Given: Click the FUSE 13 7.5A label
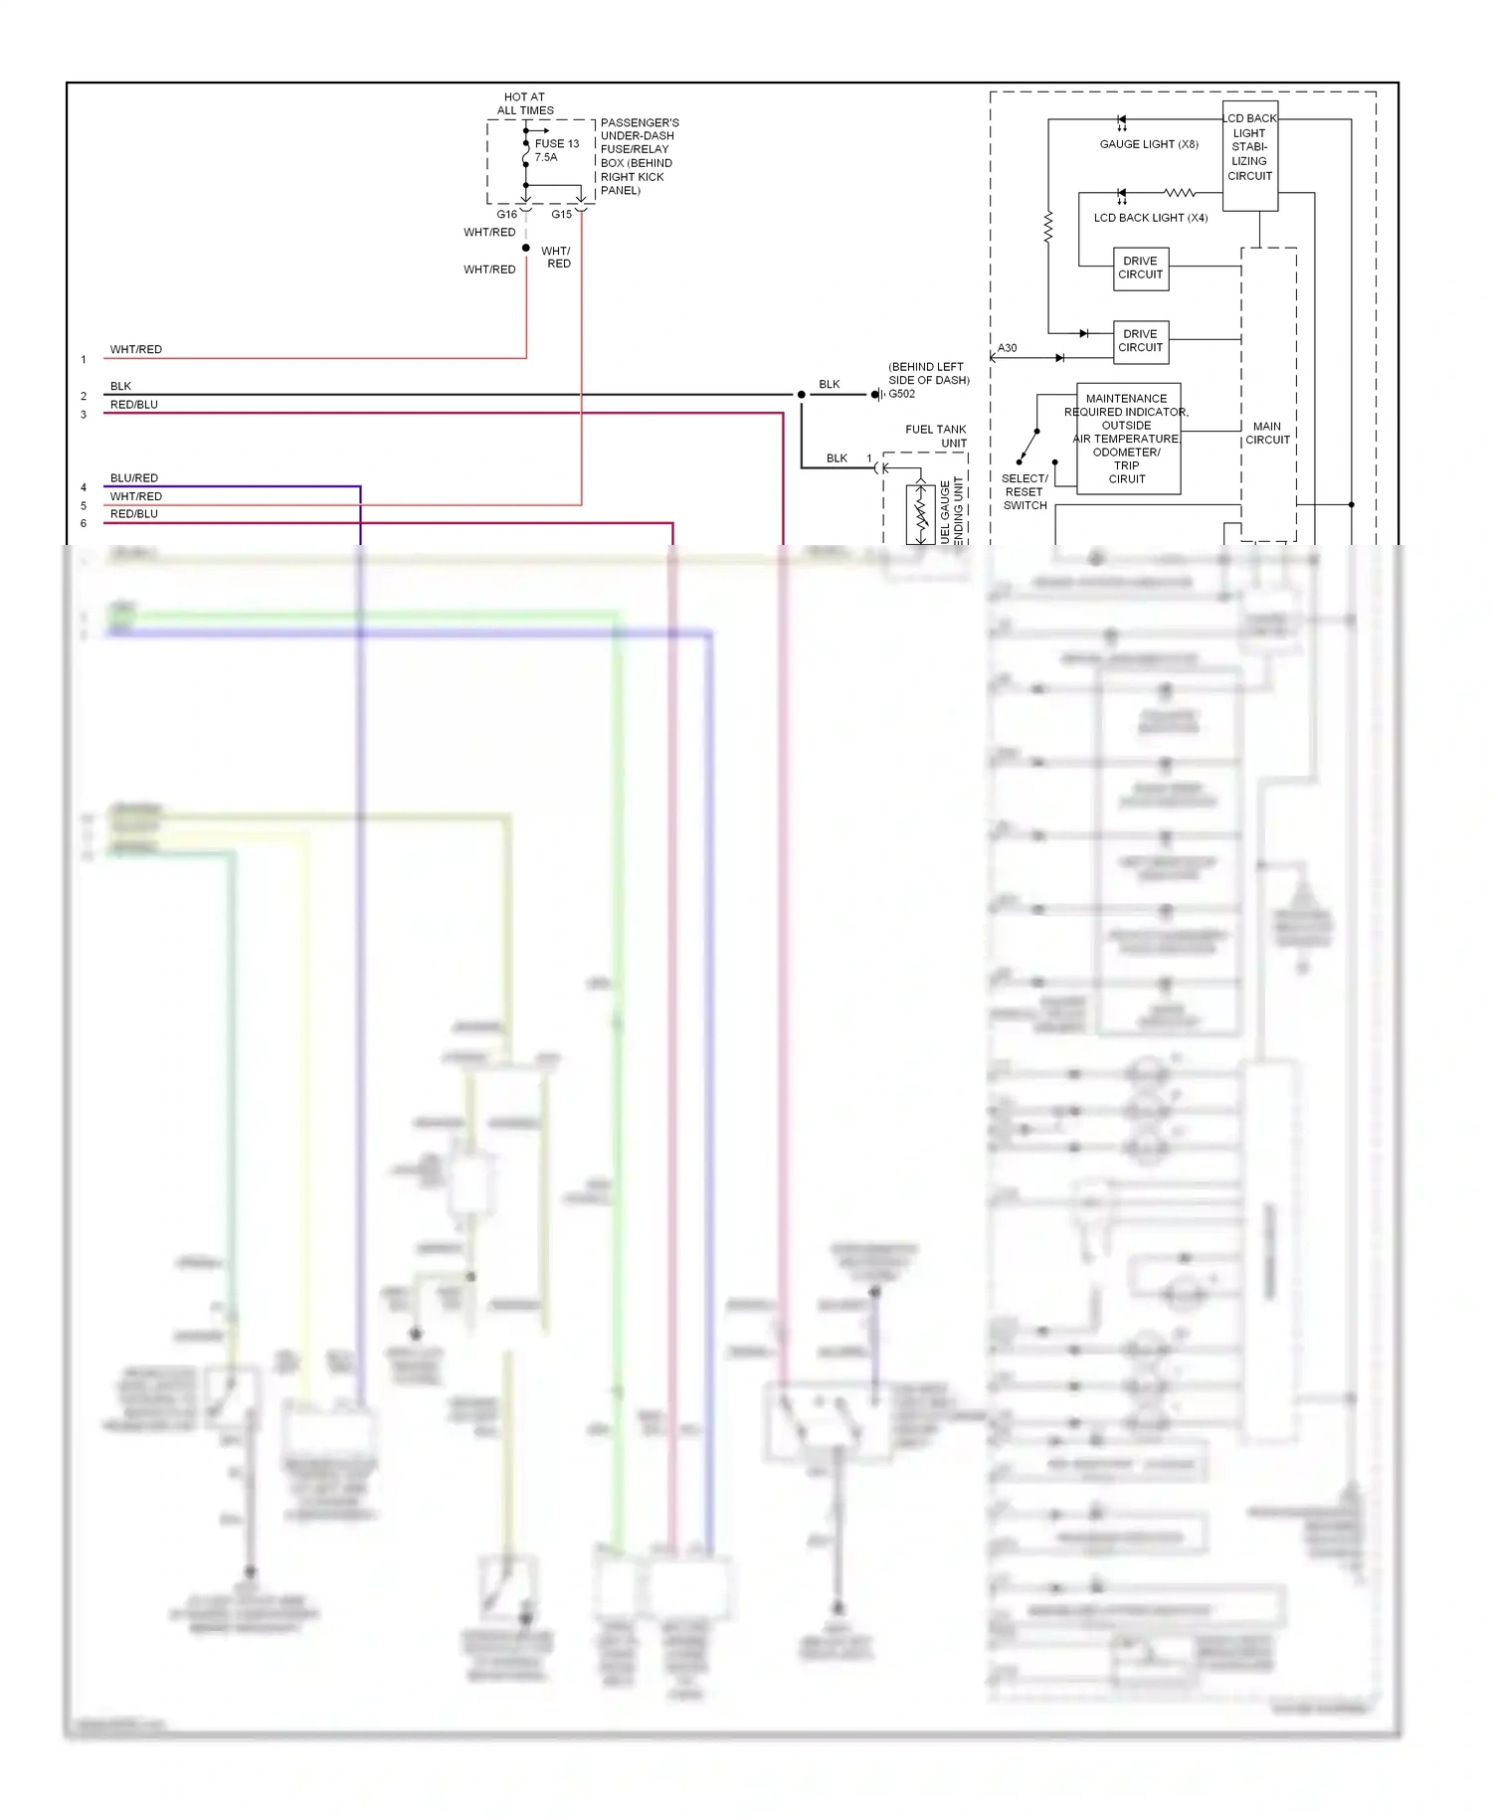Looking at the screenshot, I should coord(555,150).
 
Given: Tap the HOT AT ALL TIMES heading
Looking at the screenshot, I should coord(524,103).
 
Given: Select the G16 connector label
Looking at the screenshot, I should coord(506,214).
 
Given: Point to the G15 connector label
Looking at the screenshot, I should coord(561,214).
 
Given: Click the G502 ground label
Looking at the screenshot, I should coord(901,394).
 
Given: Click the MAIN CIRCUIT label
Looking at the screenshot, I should coord(1267,433).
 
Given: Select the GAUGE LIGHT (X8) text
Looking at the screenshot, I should coord(1148,144).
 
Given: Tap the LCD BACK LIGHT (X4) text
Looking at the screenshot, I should coord(1150,218).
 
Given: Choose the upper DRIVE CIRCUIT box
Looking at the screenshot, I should coord(1140,268).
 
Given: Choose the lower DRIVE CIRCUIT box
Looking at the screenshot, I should coord(1140,341).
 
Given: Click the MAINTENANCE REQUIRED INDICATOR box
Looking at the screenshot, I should coord(1127,439).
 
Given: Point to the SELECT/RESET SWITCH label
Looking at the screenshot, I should coord(1024,491).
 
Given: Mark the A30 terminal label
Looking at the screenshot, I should coord(1007,348).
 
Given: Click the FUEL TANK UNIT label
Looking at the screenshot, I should coord(936,436).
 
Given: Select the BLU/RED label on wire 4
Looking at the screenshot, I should coord(133,478).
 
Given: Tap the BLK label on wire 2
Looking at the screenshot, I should coord(120,386).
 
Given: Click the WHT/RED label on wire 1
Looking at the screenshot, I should coord(135,349).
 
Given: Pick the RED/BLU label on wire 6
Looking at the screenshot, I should coord(133,514).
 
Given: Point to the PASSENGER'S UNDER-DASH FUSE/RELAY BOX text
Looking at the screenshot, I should coord(639,156).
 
